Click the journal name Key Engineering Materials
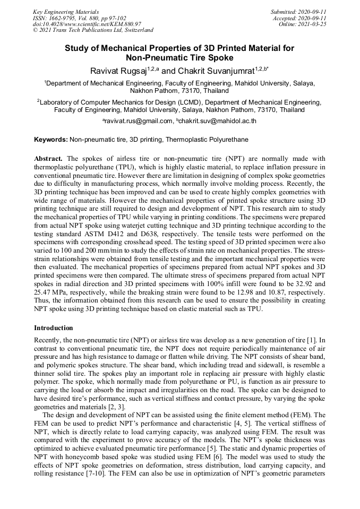coord(66,11)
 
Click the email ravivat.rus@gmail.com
coord(139,122)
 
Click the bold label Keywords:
coord(51,140)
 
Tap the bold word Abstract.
coord(48,159)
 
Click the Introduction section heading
coord(54,328)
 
